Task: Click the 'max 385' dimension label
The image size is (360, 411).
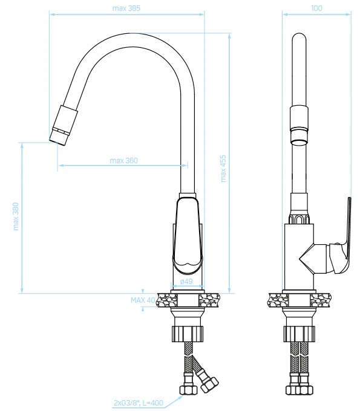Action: coord(126,8)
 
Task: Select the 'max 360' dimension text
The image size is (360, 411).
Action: coord(123,160)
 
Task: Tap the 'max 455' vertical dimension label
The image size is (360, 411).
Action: coord(223,169)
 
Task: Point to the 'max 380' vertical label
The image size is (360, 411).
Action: coord(16,216)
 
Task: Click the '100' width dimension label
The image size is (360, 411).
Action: coord(316,8)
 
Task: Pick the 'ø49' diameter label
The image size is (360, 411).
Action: coord(186,282)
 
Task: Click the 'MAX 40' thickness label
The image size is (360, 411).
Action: coord(143,300)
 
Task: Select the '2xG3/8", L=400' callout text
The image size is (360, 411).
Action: coord(139,403)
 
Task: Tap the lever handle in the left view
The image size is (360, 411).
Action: coord(188,235)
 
